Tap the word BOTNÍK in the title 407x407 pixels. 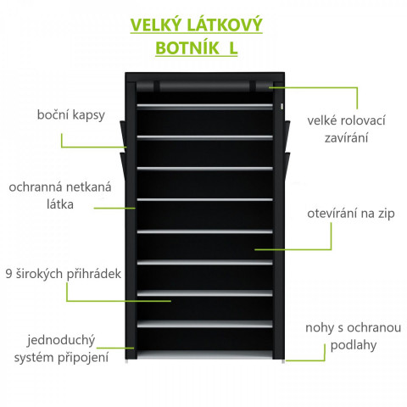[187, 47]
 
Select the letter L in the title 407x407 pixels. [233, 47]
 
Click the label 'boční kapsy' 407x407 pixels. [71, 115]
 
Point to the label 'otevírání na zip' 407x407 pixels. [351, 213]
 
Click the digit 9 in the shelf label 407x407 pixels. [9, 274]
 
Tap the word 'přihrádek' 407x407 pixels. [94, 274]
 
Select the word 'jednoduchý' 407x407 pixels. [61, 341]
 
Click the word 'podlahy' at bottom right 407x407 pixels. [354, 345]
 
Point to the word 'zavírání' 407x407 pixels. [346, 138]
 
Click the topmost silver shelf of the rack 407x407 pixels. [205, 107]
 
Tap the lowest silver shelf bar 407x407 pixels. [205, 324]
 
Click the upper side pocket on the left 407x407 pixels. [123, 134]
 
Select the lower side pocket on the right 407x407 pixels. [287, 167]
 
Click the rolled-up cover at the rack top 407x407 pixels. [205, 86]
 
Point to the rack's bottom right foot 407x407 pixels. [283, 361]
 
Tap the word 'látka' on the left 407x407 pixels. [60, 204]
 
